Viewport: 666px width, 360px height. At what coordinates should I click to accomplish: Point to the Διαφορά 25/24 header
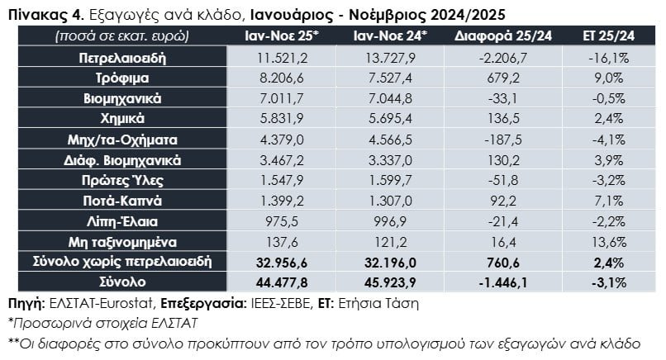click(x=504, y=36)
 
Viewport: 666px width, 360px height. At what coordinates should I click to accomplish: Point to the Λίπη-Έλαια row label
click(x=122, y=222)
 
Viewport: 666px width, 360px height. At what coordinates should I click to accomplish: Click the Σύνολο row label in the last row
click(x=122, y=283)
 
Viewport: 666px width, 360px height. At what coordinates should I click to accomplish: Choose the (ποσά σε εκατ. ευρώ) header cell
click(x=122, y=36)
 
